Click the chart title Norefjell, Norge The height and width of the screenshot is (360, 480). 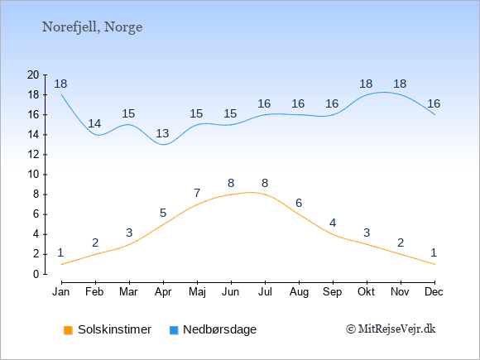point(92,27)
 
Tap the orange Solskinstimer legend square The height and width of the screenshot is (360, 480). point(68,330)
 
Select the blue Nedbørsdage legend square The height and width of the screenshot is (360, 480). point(174,330)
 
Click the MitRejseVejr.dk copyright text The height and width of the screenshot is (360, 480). point(391,329)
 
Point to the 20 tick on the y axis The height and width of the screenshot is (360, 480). point(33,74)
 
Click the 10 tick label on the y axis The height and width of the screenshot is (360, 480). point(33,175)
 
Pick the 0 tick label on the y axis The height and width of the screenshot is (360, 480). point(36,274)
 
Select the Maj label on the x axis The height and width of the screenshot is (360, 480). point(197,292)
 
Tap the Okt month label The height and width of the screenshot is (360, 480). point(366,292)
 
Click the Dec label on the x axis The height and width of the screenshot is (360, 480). point(434,292)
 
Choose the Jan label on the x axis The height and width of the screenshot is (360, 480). point(61,292)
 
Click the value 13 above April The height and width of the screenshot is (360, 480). point(162,133)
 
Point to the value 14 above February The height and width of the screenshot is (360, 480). point(94,123)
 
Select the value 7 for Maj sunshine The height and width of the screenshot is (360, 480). point(197,193)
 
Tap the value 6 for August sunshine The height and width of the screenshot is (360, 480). point(299,203)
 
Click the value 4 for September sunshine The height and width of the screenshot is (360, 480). point(333,223)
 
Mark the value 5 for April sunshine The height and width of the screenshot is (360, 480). point(163,213)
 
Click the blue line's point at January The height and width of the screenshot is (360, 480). point(62,94)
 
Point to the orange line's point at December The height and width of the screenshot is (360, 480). point(434,264)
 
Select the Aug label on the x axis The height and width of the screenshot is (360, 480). point(299,292)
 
